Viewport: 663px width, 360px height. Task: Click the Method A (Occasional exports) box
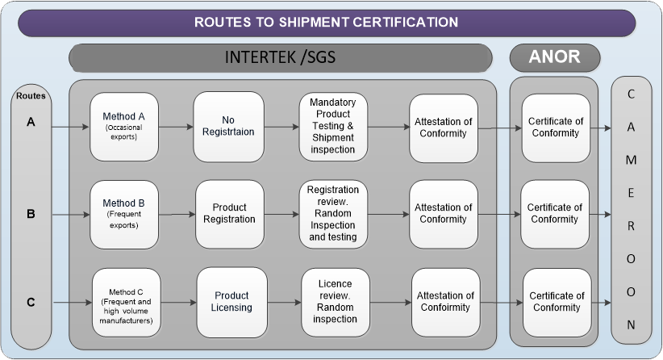tap(123, 126)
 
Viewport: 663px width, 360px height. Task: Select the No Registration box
tap(228, 126)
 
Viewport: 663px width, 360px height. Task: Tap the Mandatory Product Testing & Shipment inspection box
tap(333, 126)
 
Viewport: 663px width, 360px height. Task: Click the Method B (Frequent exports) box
tap(123, 214)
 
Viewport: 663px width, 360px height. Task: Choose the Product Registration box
tap(229, 214)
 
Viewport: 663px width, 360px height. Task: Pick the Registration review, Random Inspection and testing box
tap(333, 214)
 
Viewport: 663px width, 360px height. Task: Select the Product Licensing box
tap(231, 302)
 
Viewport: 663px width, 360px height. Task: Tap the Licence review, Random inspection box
tap(335, 302)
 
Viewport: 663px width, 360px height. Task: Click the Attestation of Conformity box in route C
tap(444, 302)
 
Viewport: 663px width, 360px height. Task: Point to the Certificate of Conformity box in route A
tap(555, 127)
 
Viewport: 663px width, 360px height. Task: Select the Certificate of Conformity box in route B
tap(555, 214)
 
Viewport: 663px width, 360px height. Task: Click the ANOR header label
tap(555, 57)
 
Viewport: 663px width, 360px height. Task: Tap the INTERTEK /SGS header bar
tap(281, 57)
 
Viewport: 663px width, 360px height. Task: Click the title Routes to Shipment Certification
tap(326, 22)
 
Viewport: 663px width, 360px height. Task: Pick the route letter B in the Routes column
tap(31, 214)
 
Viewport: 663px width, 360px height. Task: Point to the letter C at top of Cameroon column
tap(631, 94)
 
